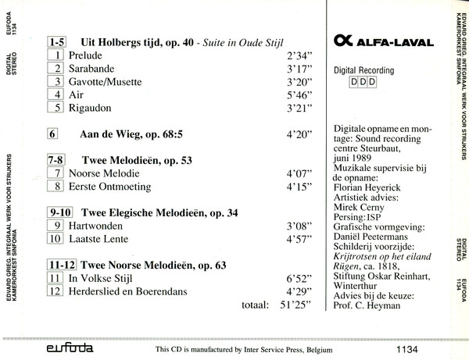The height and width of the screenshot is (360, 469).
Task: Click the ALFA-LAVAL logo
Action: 376,41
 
